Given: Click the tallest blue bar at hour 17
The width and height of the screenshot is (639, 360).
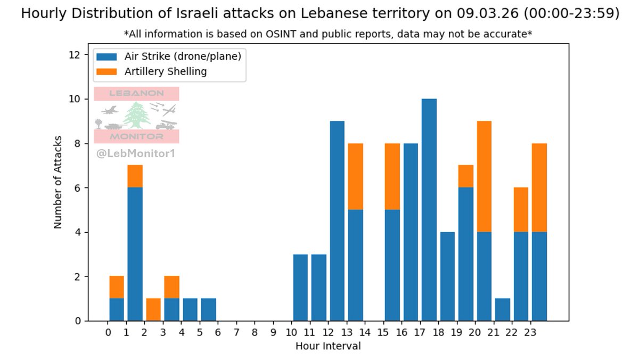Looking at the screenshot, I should tap(429, 210).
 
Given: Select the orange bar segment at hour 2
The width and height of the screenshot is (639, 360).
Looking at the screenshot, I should tap(153, 309).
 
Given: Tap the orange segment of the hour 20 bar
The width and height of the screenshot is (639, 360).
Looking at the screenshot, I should tap(484, 176).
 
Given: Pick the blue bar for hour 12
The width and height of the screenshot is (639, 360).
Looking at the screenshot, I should tap(337, 221).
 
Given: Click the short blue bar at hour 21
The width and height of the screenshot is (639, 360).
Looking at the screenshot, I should tap(503, 309).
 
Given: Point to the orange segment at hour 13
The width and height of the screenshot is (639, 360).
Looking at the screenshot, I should tap(355, 176).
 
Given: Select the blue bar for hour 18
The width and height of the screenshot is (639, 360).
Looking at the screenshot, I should tap(447, 276).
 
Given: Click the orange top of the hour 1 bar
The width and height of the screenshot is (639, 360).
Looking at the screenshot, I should tap(135, 176).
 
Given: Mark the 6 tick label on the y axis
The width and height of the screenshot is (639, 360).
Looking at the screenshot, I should tap(78, 188).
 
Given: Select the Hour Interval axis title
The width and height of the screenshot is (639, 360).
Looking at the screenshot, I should tap(328, 346).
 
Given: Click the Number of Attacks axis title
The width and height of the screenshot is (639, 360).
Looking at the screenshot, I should tap(58, 183).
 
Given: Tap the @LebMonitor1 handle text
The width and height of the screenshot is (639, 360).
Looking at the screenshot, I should tap(136, 154).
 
